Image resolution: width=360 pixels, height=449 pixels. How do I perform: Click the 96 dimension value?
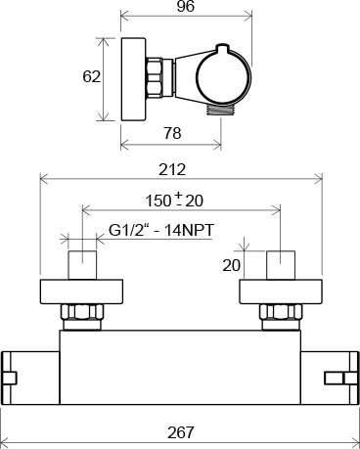tap(186, 7)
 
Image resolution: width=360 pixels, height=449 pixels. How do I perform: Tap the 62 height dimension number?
tap(91, 77)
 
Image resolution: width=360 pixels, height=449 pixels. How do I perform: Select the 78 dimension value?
tap(172, 133)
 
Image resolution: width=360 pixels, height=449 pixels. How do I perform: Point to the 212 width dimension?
tap(172, 170)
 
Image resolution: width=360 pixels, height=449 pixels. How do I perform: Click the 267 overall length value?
tap(180, 432)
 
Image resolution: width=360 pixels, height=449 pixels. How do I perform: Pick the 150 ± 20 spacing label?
tap(174, 200)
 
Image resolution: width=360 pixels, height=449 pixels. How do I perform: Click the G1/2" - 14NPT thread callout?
tap(161, 231)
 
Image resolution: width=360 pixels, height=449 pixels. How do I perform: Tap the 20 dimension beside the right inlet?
tap(232, 265)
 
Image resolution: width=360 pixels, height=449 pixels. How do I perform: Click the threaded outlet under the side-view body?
tap(220, 110)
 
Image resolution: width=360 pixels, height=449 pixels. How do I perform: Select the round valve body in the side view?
tap(224, 76)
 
